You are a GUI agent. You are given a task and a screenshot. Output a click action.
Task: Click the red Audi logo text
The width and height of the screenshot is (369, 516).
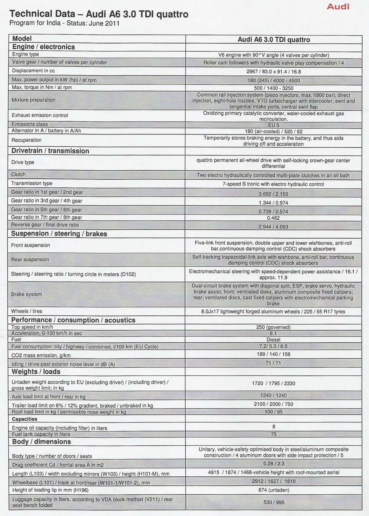(x=338, y=6)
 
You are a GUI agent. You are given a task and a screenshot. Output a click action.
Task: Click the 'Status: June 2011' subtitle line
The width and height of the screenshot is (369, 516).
(x=64, y=23)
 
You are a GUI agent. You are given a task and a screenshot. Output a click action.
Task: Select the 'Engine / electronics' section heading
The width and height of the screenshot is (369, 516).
(x=43, y=47)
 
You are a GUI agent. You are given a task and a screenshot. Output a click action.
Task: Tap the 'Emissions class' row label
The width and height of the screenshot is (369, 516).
(x=30, y=124)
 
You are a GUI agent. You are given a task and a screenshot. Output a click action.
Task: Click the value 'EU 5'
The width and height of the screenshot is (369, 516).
(x=273, y=125)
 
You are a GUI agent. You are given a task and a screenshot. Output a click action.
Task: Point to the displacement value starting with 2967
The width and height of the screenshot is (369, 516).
(x=273, y=72)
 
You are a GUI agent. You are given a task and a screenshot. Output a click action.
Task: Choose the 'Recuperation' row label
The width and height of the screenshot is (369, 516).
(x=26, y=140)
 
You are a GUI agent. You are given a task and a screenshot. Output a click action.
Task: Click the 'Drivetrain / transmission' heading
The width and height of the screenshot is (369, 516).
(x=50, y=151)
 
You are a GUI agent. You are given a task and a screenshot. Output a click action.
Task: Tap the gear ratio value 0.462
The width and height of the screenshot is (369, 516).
(x=273, y=218)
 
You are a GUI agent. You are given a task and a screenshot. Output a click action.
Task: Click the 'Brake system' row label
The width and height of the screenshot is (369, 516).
(x=26, y=294)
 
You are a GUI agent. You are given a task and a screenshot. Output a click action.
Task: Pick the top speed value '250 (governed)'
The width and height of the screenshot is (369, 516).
(x=273, y=327)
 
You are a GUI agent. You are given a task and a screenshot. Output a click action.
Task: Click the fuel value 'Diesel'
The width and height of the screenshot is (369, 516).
(x=273, y=340)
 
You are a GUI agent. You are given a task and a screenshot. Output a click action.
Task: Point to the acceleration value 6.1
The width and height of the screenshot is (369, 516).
(x=273, y=333)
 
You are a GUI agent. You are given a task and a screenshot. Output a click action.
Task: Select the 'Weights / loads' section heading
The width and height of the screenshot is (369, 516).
(x=36, y=372)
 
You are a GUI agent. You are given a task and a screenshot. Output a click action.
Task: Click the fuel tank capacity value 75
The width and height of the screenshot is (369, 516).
(x=274, y=434)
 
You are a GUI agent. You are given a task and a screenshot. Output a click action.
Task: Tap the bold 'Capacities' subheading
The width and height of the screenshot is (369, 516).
(x=24, y=419)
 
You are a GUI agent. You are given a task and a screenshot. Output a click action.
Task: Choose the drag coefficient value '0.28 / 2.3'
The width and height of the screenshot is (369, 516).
(x=274, y=463)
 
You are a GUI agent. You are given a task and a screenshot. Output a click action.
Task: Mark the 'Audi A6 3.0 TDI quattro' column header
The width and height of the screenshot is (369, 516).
(x=274, y=40)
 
